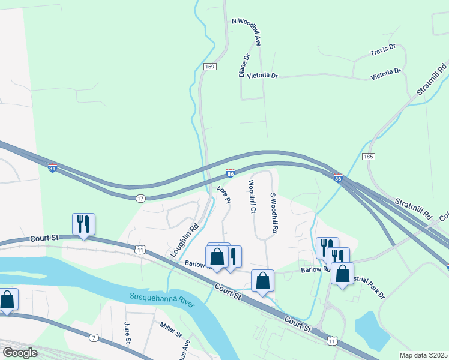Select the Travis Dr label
[383, 47]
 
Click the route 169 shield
[209, 66]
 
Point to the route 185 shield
[369, 156]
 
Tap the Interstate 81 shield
[53, 169]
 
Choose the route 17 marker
[140, 197]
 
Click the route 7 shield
[94, 338]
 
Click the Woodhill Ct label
[252, 197]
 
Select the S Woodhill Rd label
[274, 213]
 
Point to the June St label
[127, 334]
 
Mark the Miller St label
[170, 329]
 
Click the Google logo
[20, 353]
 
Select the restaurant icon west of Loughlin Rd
[82, 224]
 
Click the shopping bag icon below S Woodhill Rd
[263, 280]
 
